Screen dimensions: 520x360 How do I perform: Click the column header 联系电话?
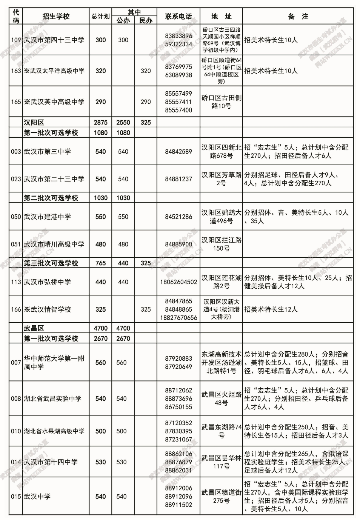pyautogui.click(x=178, y=17)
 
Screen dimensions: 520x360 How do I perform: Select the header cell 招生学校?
pyautogui.click(x=56, y=17)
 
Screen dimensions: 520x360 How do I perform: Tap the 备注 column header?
pyautogui.click(x=298, y=17)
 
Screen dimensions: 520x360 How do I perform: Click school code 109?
pyautogui.click(x=16, y=40)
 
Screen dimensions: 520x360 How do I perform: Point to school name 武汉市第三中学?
pyautogui.click(x=47, y=152)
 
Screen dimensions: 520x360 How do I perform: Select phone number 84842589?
pyautogui.click(x=178, y=152)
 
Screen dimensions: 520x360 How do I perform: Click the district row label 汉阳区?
pyautogui.click(x=34, y=123)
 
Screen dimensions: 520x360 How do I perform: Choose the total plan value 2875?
pyautogui.click(x=100, y=123)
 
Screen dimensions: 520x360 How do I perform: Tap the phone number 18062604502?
pyautogui.click(x=178, y=282)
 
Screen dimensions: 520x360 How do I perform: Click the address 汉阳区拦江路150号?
pyautogui.click(x=221, y=244)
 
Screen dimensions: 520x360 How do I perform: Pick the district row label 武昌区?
pyautogui.click(x=34, y=328)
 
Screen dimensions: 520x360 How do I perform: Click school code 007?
pyautogui.click(x=16, y=363)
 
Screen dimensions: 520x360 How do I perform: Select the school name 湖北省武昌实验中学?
pyautogui.click(x=52, y=398)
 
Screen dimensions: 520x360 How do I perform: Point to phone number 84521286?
pyautogui.click(x=178, y=217)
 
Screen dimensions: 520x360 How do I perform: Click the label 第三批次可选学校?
pyautogui.click(x=51, y=263)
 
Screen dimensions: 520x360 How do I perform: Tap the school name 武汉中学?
pyautogui.click(x=37, y=497)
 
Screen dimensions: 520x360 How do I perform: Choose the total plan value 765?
pyautogui.click(x=100, y=263)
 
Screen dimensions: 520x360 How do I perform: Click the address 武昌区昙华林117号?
pyautogui.click(x=221, y=462)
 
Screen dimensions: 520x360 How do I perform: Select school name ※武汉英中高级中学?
pyautogui.click(x=54, y=102)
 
